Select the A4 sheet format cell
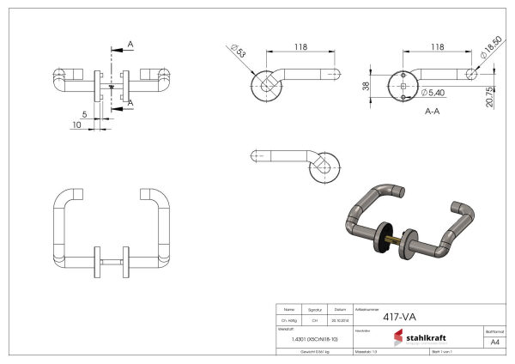(x=494, y=341)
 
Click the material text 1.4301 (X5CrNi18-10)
(x=309, y=339)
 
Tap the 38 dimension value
(x=365, y=85)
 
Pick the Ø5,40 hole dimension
(x=432, y=92)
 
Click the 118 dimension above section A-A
(x=437, y=47)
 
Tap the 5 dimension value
(x=84, y=113)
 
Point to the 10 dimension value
(x=77, y=125)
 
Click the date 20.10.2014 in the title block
(x=341, y=318)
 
